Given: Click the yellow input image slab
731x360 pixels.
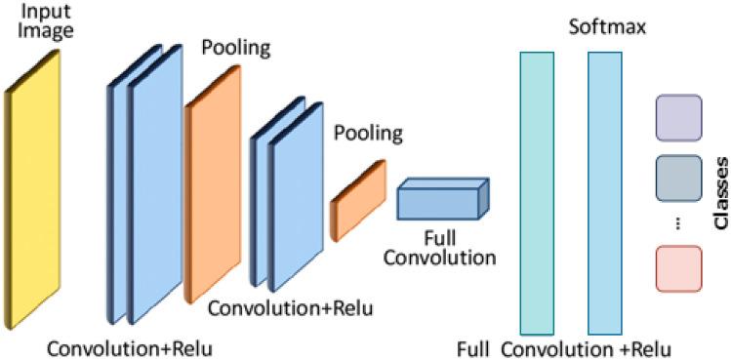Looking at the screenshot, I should click(32, 189).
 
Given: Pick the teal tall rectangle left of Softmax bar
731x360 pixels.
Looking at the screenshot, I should click(537, 192).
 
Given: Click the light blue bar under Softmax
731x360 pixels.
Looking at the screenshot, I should click(605, 192).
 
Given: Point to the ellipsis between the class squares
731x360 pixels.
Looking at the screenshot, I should click(678, 223).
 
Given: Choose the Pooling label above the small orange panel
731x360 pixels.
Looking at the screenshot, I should click(367, 132).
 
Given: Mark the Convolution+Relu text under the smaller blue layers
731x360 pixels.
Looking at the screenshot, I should click(290, 310).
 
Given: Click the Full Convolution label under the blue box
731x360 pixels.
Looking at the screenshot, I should click(439, 249).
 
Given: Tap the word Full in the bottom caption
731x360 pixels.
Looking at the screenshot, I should click(474, 347).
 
